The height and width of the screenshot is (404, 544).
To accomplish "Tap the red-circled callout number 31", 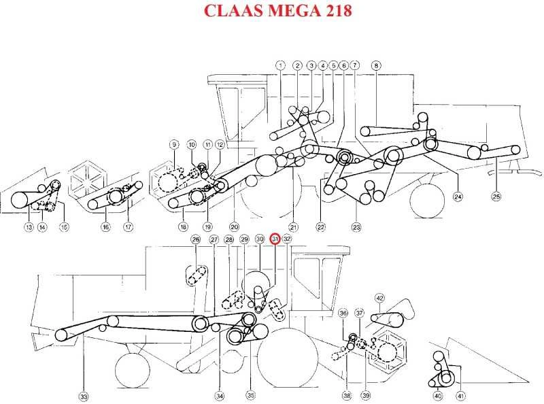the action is point(275,239).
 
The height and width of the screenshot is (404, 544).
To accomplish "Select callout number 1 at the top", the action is point(280,65).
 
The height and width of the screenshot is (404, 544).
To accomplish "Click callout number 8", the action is point(376,65).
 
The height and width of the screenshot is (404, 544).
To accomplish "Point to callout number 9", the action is point(174,144).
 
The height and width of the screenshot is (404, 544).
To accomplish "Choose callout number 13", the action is point(29,227).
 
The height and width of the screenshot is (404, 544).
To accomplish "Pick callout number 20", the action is point(234,227).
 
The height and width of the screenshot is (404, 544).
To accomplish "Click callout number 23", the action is point(356,227).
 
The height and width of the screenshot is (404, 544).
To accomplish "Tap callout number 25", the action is point(496,197).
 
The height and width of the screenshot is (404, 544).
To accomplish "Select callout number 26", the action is point(196,239).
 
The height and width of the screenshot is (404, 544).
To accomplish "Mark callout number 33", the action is point(84,397).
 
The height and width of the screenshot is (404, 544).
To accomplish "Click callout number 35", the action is point(251,395).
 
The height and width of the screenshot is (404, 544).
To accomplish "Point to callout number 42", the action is point(380,298).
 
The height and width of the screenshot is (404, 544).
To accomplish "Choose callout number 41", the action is point(460,396).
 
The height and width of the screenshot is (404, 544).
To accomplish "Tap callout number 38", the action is point(347,395).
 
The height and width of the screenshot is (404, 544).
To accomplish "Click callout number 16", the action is point(105,227).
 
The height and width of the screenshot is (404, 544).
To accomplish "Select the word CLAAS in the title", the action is point(234,10).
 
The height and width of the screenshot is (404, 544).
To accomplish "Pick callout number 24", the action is point(458,197).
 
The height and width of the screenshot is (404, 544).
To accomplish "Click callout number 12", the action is point(220,144).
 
